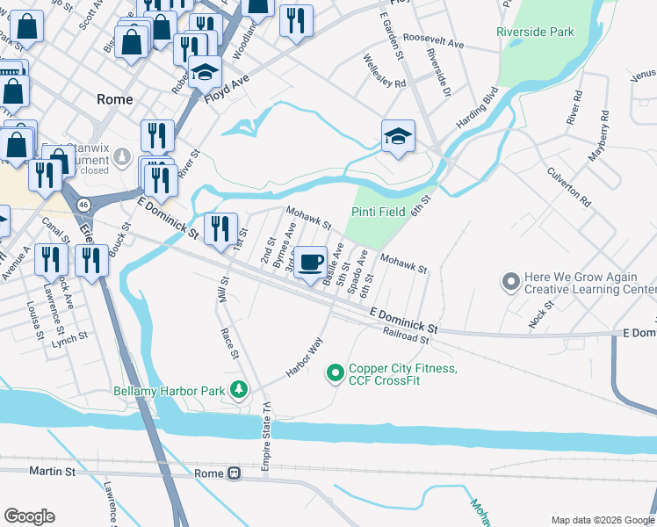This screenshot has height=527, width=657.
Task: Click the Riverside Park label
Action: [535, 32]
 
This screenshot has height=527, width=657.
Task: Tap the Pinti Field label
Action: [379, 212]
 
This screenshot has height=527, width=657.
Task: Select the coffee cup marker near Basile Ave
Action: [310, 262]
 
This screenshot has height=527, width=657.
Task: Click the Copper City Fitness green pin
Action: [335, 374]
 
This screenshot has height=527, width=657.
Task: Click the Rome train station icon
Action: [234, 473]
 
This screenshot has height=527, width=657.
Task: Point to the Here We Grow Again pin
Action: [510, 282]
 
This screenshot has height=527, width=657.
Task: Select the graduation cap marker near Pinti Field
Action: [398, 136]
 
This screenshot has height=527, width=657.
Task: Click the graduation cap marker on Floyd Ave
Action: [205, 71]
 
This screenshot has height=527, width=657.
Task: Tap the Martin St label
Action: [52, 472]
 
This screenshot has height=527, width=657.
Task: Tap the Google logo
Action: [29, 516]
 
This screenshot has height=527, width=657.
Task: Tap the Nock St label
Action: [541, 315]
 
